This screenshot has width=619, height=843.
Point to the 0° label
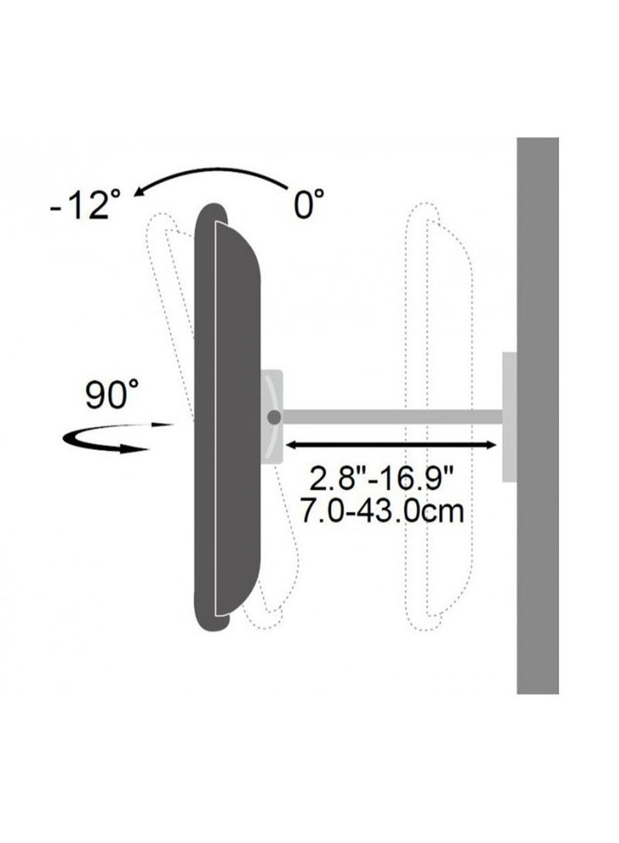click(310, 203)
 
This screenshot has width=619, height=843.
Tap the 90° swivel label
click(112, 394)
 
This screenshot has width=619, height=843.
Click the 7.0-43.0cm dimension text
click(381, 511)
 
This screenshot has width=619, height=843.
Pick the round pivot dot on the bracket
click(274, 417)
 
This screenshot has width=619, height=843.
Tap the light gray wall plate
click(509, 417)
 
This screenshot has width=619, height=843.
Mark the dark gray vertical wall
click(538, 415)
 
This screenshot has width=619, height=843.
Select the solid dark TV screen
click(227, 417)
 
